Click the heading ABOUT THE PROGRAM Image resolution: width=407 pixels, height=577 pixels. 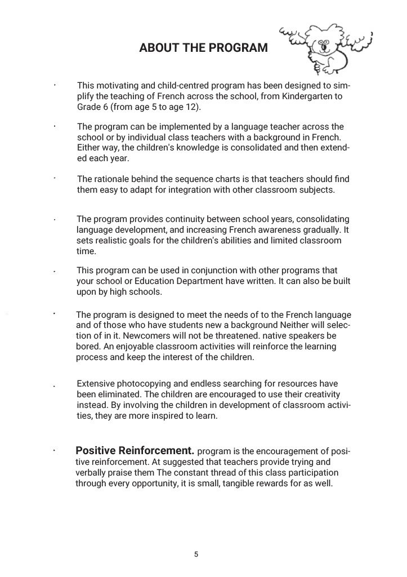(203, 48)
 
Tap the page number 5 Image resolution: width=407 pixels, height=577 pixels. (196, 554)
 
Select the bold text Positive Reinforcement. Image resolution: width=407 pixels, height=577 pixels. (135, 451)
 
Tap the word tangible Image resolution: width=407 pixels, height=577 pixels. (250, 483)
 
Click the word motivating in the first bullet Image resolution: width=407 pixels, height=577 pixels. (115, 86)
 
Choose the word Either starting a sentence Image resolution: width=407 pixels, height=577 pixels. (88, 148)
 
